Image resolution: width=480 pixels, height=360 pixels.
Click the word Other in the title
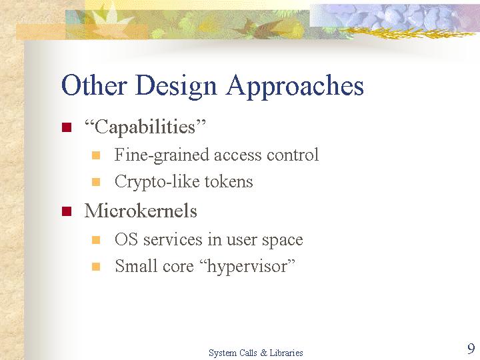click(x=94, y=85)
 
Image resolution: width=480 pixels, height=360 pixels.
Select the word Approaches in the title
click(x=295, y=87)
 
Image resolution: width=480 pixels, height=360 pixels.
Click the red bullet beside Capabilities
click(x=67, y=127)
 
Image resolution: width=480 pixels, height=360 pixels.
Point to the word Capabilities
click(x=145, y=127)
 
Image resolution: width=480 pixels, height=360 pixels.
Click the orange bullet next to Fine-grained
click(x=96, y=155)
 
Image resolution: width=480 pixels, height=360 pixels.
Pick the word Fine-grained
click(x=161, y=155)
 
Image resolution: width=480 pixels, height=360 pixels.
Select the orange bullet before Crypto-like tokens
click(x=96, y=182)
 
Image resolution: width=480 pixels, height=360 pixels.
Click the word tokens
click(x=229, y=181)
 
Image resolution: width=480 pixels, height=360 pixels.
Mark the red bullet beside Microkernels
click(x=67, y=211)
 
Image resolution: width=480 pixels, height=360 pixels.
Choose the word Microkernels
click(x=141, y=211)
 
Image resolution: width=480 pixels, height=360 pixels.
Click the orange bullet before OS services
click(x=96, y=240)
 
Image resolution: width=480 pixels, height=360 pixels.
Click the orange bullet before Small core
click(x=96, y=267)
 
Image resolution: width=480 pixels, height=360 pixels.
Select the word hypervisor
click(x=247, y=266)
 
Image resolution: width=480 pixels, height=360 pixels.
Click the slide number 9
click(x=471, y=349)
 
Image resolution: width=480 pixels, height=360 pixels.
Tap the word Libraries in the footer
click(x=286, y=353)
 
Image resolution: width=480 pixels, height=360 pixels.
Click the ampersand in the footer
click(x=263, y=353)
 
